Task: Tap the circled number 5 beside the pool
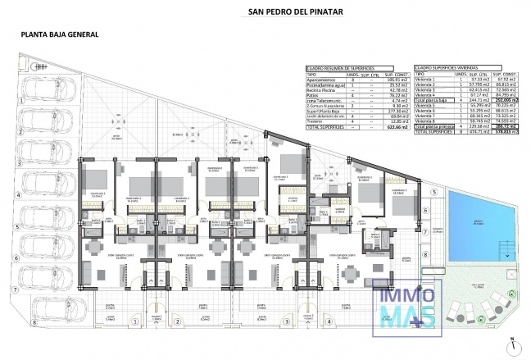(x=427, y=190)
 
